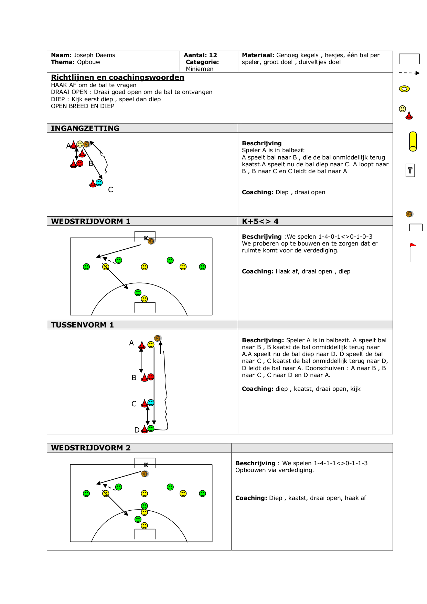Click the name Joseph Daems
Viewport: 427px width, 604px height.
coord(94,55)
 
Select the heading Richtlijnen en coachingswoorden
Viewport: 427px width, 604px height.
coord(117,77)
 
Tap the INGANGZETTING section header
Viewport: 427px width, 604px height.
coord(85,128)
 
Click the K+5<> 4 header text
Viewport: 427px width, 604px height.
coord(260,221)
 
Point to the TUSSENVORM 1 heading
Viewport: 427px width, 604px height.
coord(82,325)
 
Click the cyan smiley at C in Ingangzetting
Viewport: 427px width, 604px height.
coord(99,183)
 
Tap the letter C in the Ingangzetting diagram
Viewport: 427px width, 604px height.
coord(110,190)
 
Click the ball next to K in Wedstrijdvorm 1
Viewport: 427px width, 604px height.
coord(151,241)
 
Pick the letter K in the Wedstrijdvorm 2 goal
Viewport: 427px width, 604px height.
coord(146,465)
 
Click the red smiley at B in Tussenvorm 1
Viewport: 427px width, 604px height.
coord(151,377)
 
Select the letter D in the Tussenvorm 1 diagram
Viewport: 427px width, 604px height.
coord(137,430)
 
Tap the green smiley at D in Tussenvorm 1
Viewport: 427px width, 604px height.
coord(151,428)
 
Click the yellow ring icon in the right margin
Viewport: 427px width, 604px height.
coord(404,89)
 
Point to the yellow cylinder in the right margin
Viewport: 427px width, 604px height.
coord(413,141)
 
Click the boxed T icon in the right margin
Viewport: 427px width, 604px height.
coord(410,170)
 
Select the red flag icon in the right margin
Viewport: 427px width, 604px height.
coord(413,246)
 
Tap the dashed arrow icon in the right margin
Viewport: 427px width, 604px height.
coord(409,73)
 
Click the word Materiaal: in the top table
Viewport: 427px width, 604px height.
coord(258,55)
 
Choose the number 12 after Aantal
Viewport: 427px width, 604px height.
coord(213,55)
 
